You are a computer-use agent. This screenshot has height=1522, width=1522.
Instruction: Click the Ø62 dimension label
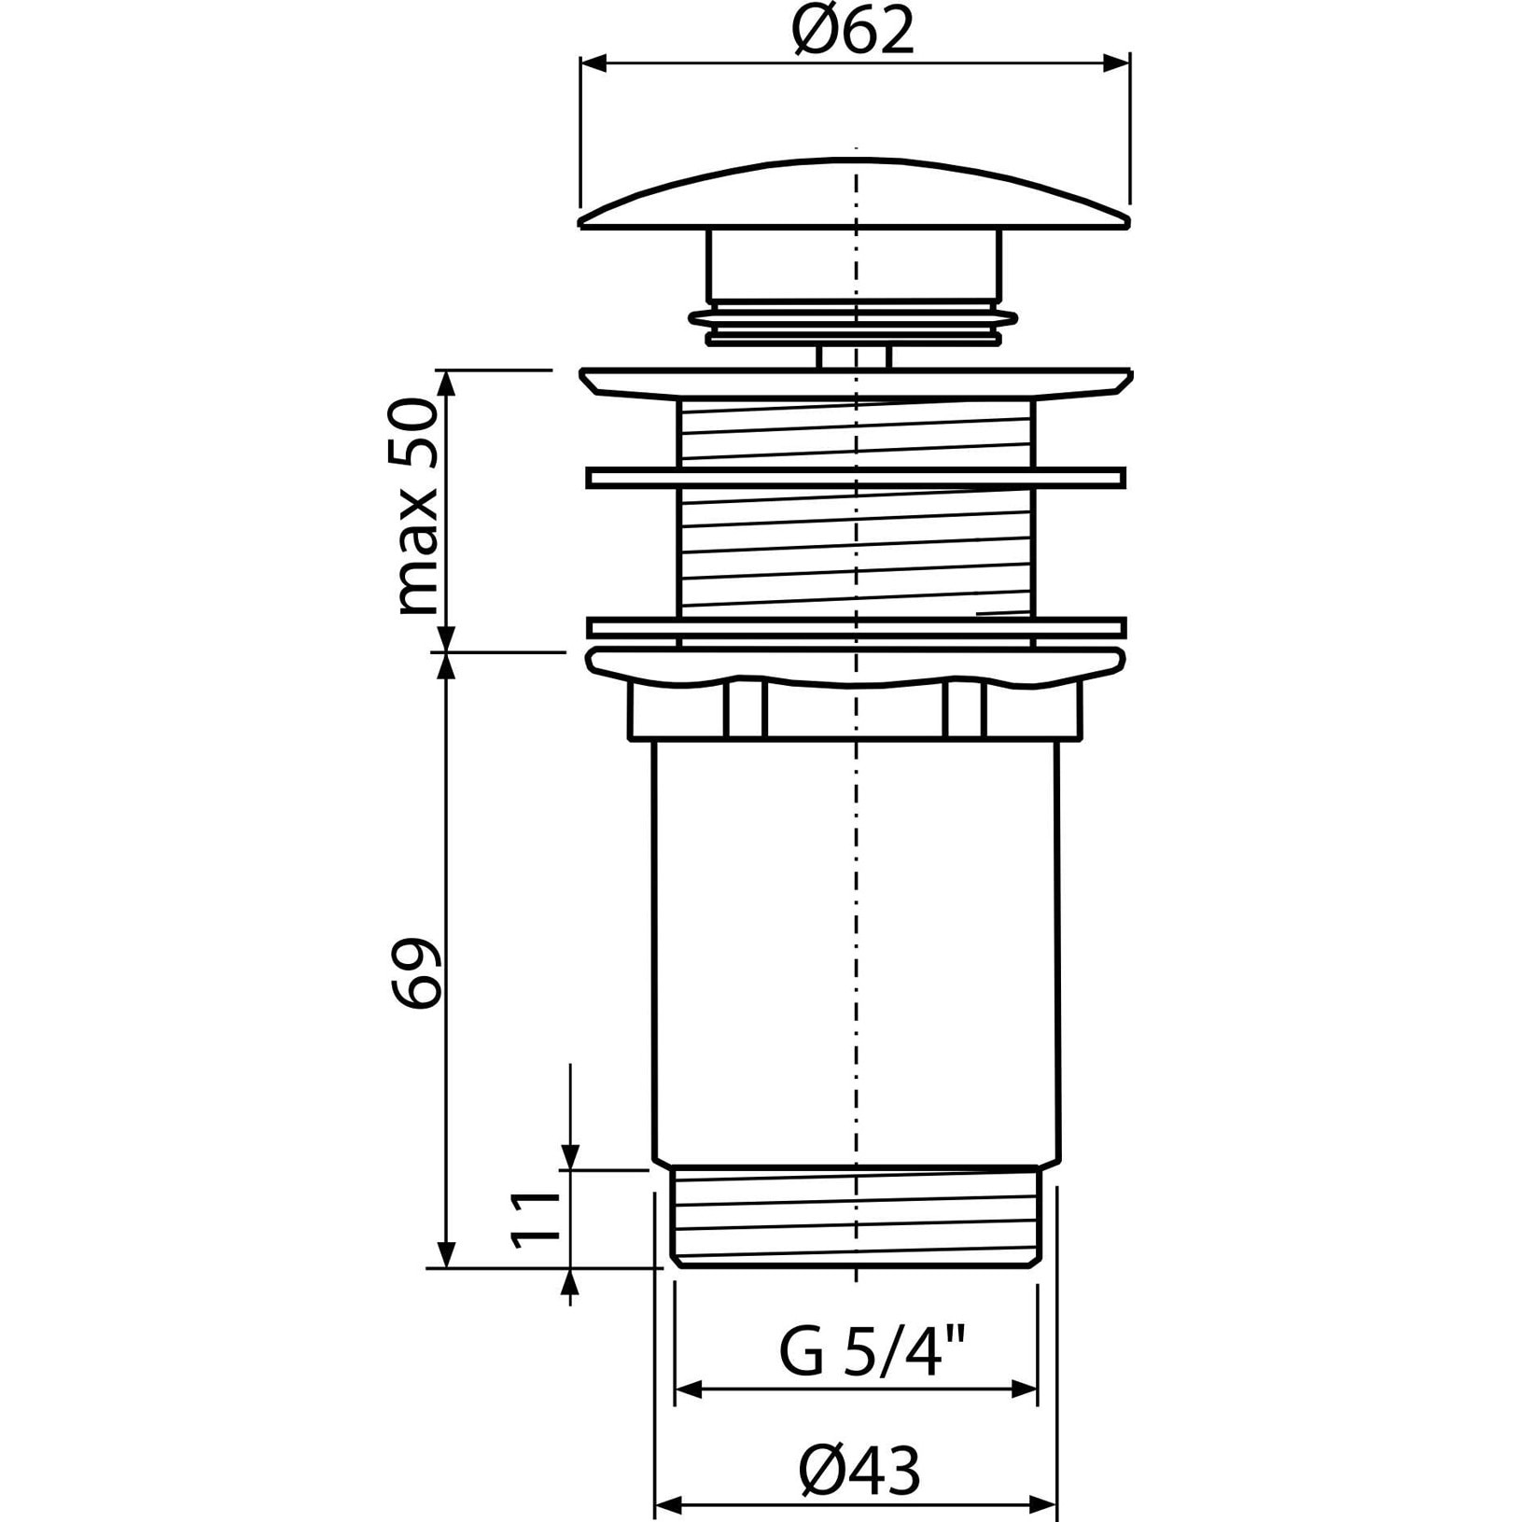(853, 33)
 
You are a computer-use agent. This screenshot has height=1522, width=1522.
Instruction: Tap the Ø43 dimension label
(859, 1472)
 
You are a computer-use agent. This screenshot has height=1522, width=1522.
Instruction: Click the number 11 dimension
(535, 1218)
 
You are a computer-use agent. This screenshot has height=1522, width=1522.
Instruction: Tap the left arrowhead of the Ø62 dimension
(593, 63)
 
